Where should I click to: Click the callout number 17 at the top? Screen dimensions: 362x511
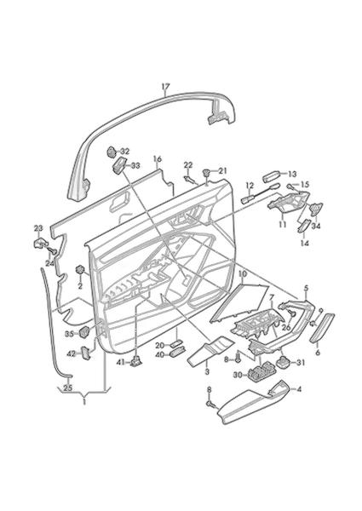pos(165,87)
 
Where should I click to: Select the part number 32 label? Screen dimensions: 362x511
pos(125,152)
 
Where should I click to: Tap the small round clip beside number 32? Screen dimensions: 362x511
pos(112,152)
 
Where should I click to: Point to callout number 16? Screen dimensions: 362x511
pos(158,159)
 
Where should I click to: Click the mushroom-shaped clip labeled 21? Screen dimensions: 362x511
pos(206,172)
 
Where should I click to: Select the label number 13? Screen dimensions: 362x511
pos(293,174)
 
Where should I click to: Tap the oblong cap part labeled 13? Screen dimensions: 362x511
pos(272,177)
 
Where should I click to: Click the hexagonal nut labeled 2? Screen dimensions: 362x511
pos(80,270)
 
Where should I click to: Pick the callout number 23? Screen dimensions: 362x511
pos(38,227)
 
